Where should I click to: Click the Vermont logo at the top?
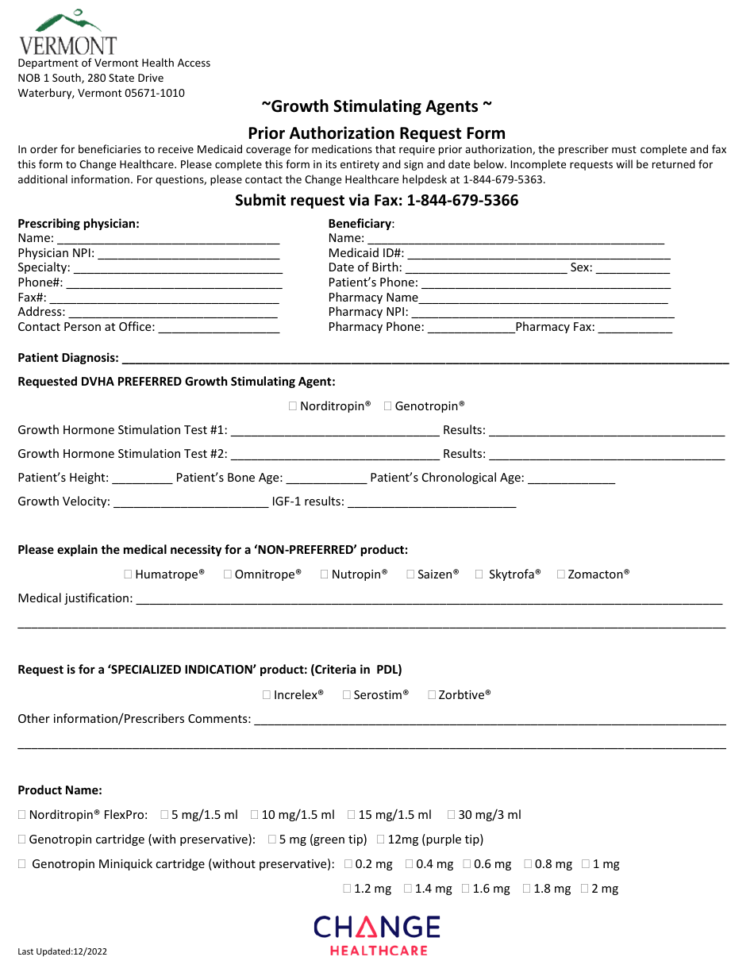(67, 32)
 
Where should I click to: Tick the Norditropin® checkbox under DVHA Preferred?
(293, 406)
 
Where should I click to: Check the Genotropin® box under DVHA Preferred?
(388, 406)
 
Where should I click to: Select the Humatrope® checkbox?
(129, 574)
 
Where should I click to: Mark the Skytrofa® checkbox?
(479, 574)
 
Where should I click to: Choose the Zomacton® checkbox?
(561, 574)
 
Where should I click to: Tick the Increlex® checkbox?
(267, 694)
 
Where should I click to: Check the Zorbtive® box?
(432, 694)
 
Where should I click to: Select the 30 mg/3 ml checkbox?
(452, 814)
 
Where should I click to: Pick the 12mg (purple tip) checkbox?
(381, 839)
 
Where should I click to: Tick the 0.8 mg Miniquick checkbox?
(527, 864)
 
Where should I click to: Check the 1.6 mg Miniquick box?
(466, 889)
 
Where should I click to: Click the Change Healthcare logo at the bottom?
(377, 935)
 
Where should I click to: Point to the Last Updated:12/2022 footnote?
(63, 951)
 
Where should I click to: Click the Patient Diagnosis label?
(68, 359)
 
